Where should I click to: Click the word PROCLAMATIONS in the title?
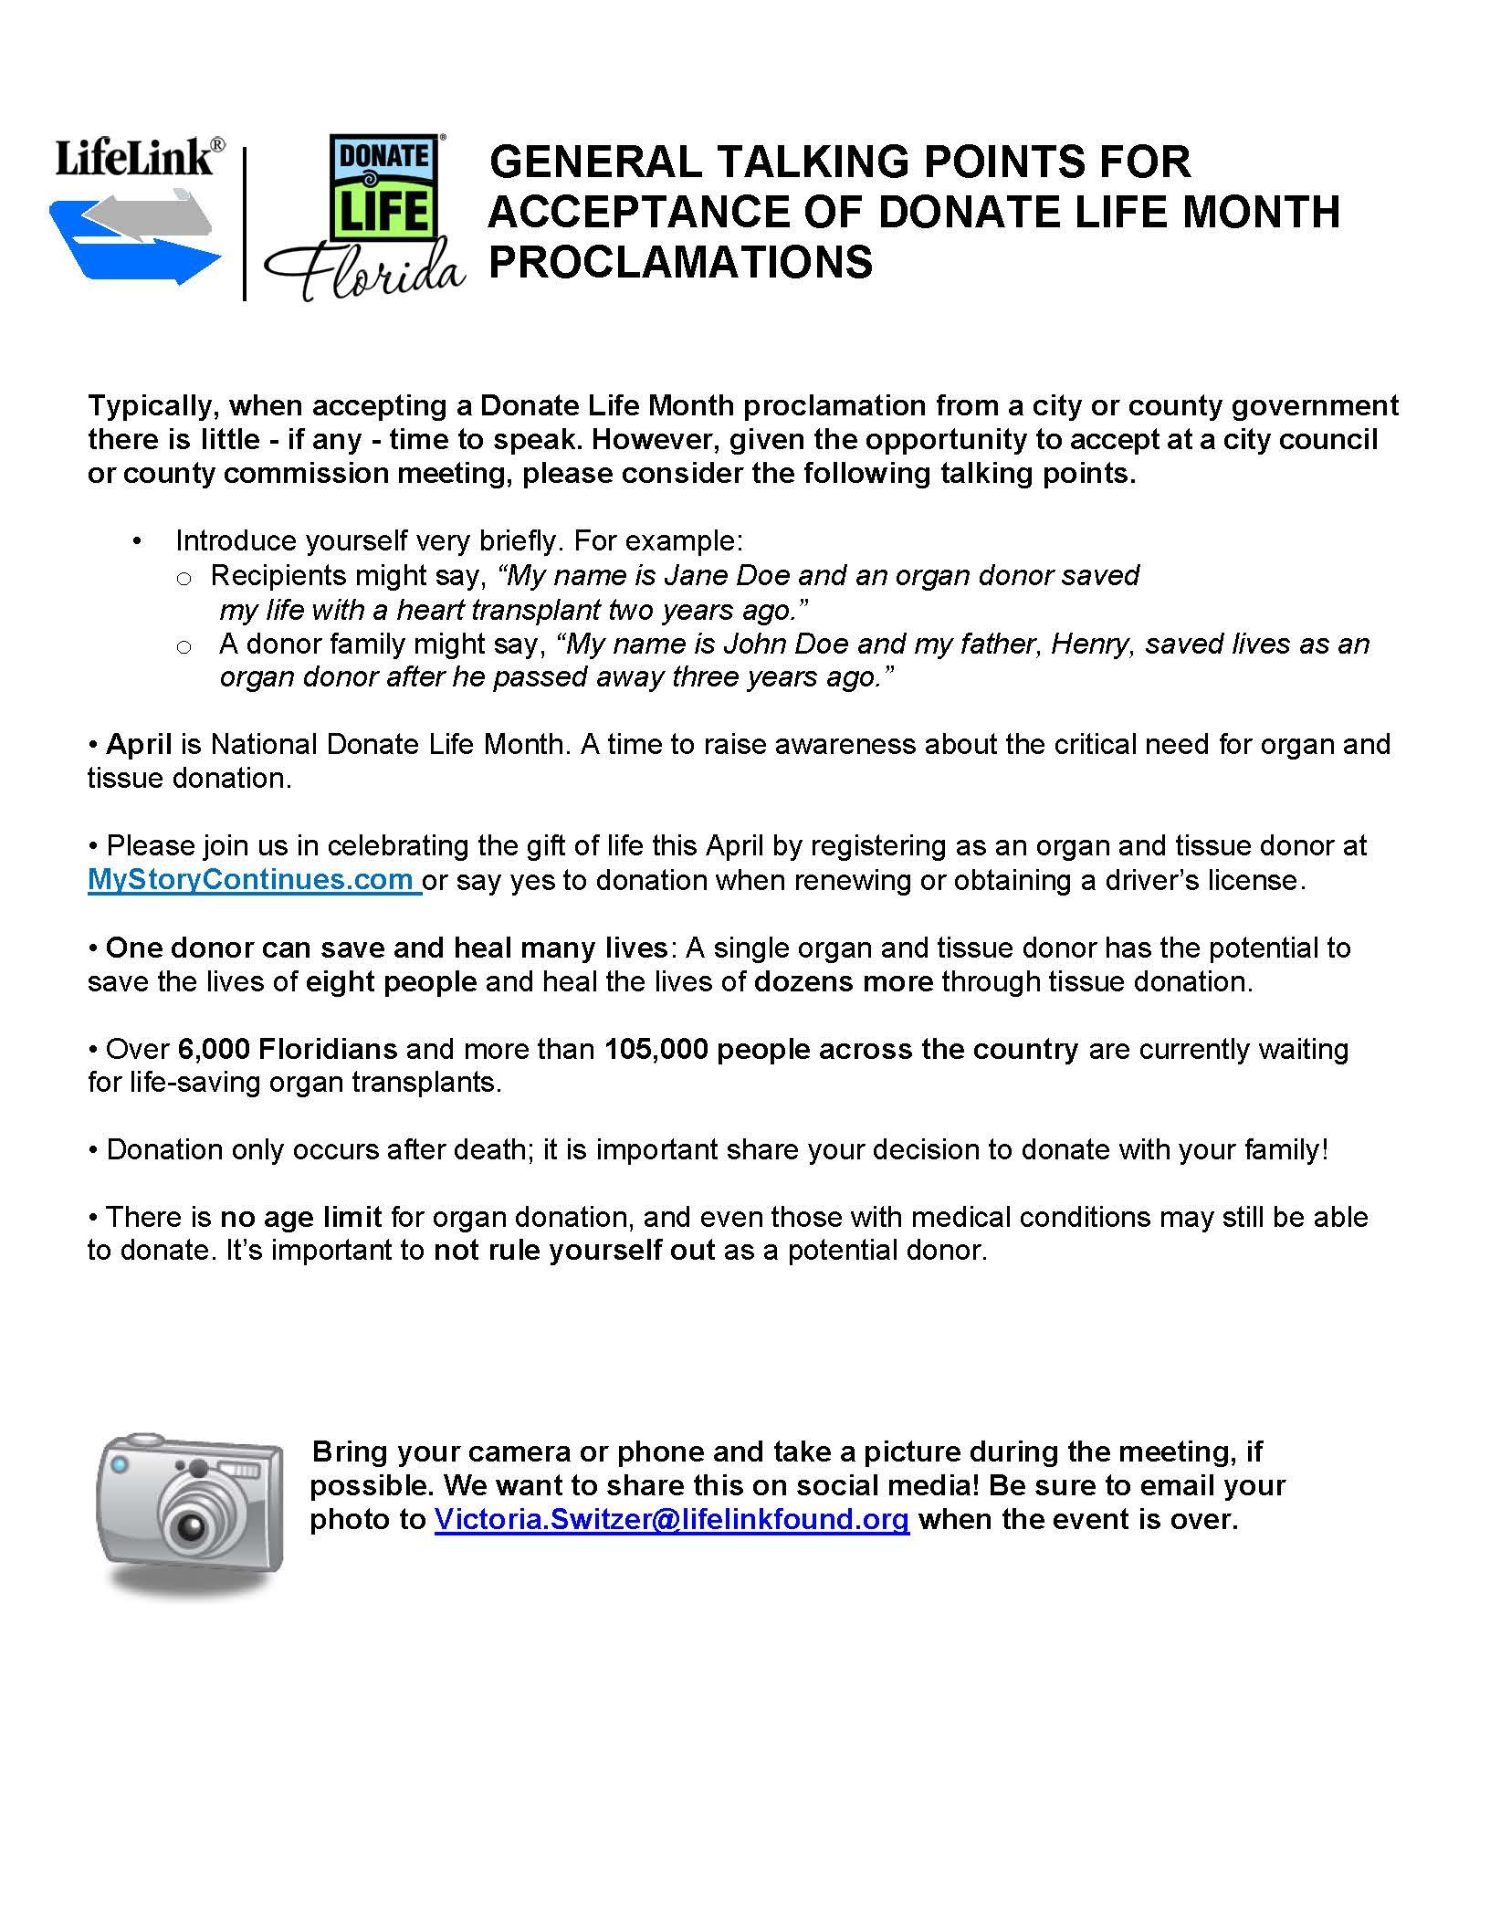point(680,261)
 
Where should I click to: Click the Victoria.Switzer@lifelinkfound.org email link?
point(671,1519)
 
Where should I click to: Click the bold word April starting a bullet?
point(139,744)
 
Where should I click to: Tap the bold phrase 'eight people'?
point(391,981)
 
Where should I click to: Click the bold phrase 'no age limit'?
point(300,1217)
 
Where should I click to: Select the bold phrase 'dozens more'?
point(844,981)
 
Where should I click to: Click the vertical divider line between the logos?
point(245,224)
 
